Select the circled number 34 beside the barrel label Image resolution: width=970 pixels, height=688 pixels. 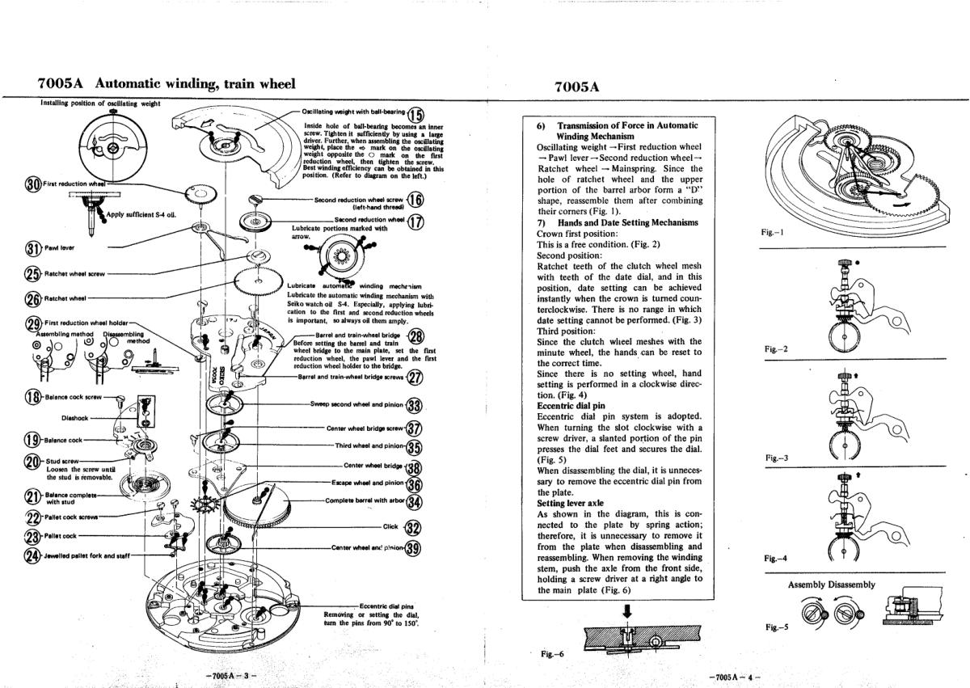tap(415, 502)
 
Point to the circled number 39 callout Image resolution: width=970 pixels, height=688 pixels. tap(414, 549)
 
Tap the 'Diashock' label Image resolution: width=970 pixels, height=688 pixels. tap(76, 418)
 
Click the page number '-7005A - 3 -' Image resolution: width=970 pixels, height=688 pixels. tap(230, 674)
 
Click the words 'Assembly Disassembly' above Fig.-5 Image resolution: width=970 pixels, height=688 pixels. tap(831, 584)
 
